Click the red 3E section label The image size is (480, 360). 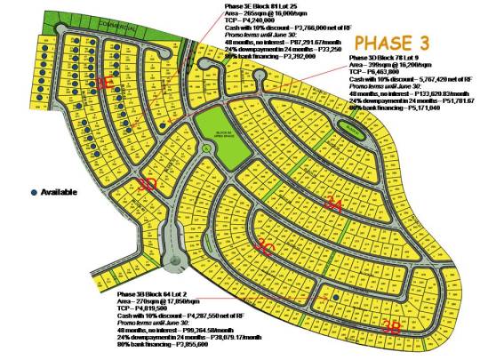(x=104, y=83)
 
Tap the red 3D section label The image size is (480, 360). (x=148, y=184)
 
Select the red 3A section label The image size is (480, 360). (x=332, y=204)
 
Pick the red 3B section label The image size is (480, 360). (x=390, y=325)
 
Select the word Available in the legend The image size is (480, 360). (x=59, y=192)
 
